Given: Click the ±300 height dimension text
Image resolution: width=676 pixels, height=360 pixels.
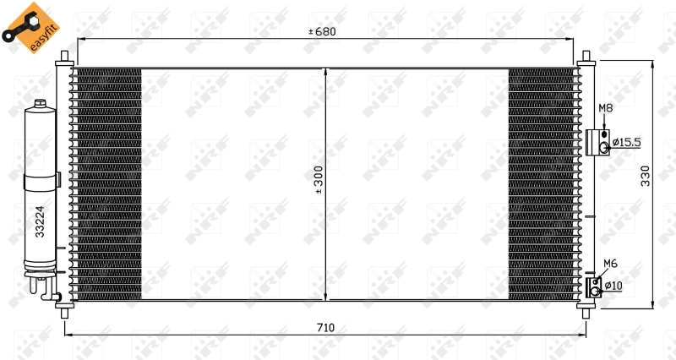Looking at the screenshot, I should click(319, 180).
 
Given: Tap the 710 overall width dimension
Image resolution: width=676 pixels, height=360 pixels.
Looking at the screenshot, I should click(325, 327).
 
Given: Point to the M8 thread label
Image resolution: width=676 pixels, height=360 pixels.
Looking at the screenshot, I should click(605, 108).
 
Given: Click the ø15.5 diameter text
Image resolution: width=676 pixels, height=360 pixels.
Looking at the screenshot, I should click(627, 142).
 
